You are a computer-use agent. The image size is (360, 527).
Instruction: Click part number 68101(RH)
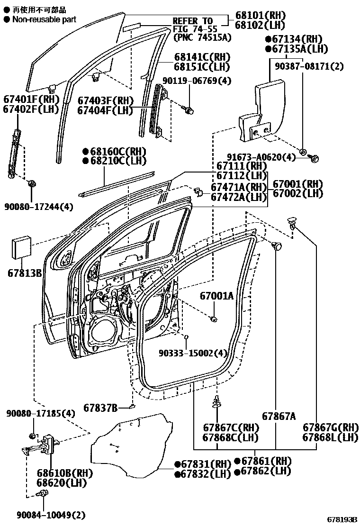tap(260, 15)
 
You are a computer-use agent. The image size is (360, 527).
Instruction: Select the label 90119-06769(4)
tap(197, 81)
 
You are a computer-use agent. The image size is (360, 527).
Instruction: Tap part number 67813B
tap(25, 273)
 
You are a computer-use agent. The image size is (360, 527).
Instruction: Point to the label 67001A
tap(216, 296)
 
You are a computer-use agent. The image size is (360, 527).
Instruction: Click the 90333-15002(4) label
tap(193, 353)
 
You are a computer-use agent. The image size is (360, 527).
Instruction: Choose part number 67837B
tap(100, 408)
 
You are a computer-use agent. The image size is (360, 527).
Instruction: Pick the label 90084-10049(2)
tap(51, 515)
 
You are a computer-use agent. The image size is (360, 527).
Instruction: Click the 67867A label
tap(279, 417)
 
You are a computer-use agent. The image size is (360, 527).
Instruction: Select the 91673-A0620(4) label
tap(261, 157)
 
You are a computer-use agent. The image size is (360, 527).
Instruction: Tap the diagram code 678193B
tap(342, 519)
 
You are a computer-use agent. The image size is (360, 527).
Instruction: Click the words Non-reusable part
tap(44, 19)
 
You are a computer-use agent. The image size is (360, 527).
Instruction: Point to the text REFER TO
tap(193, 21)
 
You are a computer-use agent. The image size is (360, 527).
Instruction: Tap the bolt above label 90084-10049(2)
tap(43, 493)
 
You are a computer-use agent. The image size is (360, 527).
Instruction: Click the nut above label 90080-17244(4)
tap(32, 183)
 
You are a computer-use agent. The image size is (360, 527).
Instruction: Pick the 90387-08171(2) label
tap(309, 66)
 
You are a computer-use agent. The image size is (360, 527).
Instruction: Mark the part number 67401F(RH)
tap(31, 100)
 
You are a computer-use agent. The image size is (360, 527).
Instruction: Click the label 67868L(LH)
tap(330, 437)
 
